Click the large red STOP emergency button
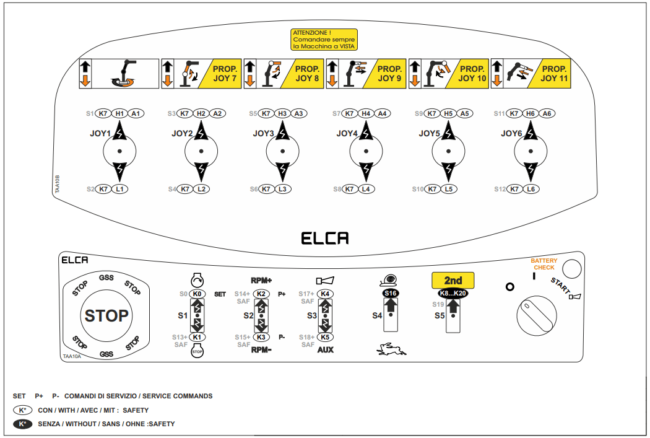click(106, 315)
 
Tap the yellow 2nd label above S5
click(453, 281)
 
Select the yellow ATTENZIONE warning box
click(324, 40)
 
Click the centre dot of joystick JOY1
click(119, 151)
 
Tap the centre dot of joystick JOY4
click(366, 151)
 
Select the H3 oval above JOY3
click(282, 113)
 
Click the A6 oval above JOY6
click(547, 113)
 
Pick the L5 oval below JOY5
click(449, 189)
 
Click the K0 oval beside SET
click(197, 294)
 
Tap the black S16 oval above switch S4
click(391, 293)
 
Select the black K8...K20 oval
click(453, 293)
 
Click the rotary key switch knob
click(537, 315)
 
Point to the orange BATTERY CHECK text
click(544, 264)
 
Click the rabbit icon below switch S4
click(391, 349)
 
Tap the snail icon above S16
click(389, 281)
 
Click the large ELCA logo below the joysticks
click(324, 238)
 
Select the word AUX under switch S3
click(326, 349)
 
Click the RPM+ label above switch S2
click(261, 281)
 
